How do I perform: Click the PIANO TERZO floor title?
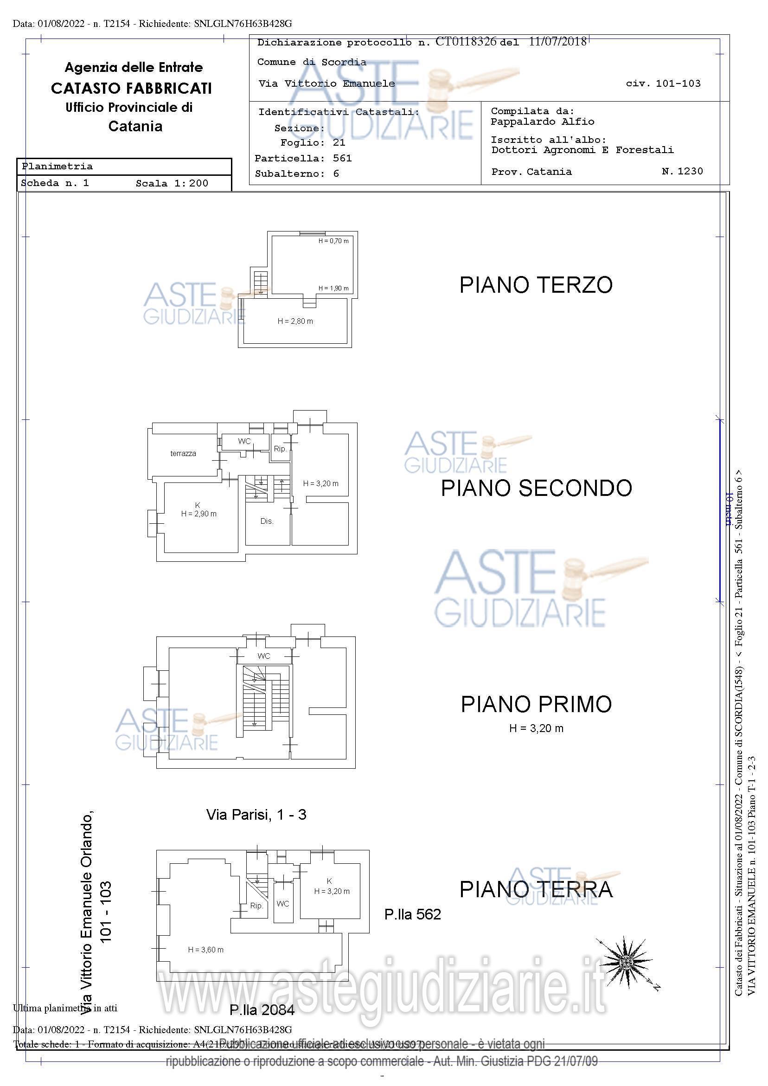536,285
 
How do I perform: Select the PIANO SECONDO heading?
536,488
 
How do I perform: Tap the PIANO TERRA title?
536,889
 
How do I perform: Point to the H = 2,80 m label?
295,321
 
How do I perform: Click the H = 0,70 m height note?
333,241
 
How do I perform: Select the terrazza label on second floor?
183,453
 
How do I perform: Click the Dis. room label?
267,521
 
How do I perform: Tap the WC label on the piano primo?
264,656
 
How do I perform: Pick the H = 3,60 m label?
206,949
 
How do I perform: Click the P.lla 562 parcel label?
412,914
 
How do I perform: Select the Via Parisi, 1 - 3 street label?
256,815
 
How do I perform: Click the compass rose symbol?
625,962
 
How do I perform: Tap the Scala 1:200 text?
172,184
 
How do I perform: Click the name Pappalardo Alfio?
542,122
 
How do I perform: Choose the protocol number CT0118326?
465,42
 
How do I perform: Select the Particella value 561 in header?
342,158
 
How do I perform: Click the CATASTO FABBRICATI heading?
131,88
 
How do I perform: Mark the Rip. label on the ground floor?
256,906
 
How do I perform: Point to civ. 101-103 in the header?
663,84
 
